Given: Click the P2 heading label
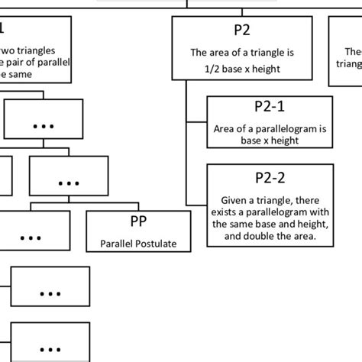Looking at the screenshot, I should [x=241, y=32].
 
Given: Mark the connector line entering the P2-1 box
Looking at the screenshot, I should [x=196, y=121].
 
